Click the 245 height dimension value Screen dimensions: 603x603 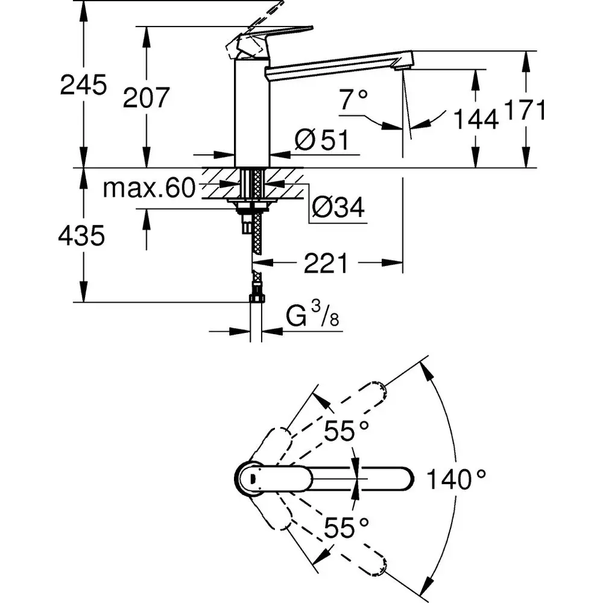pos(83,85)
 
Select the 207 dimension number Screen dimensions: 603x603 pos(146,97)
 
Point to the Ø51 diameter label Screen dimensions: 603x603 pos(321,140)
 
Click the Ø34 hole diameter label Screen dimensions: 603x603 pos(338,209)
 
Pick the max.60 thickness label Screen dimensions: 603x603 pos(149,189)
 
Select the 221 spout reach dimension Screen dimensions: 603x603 pos(326,263)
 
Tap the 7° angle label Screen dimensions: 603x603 pos(353,99)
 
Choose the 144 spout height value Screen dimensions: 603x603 pos(476,119)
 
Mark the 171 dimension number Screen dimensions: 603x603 pos(525,111)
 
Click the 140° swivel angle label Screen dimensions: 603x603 pos(456,480)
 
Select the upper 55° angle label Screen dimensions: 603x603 pos(346,431)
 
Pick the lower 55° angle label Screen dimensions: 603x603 pos(346,529)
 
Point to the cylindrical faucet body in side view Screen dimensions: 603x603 pos(252,112)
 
